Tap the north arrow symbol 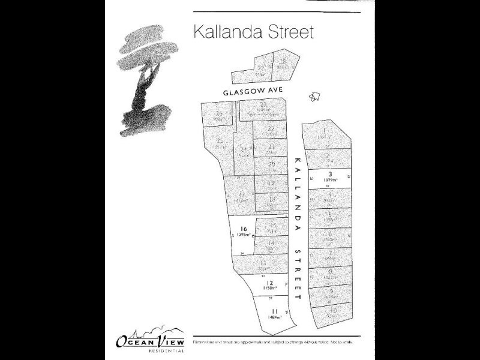pos(314,95)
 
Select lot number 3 pos(329,175)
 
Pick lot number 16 pos(244,229)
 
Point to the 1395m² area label pos(244,235)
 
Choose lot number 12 pos(270,283)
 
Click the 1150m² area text pos(270,289)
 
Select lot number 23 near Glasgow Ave pos(263,104)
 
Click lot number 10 pos(332,310)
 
